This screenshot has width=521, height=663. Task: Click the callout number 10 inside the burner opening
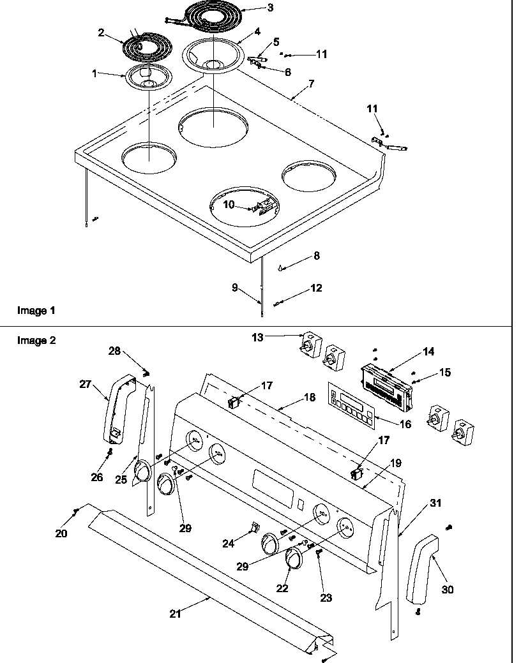coord(229,204)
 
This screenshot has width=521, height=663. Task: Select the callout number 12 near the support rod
coord(315,288)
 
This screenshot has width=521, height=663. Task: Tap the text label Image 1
coord(36,311)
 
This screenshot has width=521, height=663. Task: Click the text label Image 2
coord(36,341)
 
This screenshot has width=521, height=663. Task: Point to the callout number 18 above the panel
coord(309,397)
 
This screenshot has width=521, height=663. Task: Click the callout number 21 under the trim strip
coord(175,614)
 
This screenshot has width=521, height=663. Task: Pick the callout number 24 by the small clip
coord(228,543)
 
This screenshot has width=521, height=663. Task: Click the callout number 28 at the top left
coord(114,351)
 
